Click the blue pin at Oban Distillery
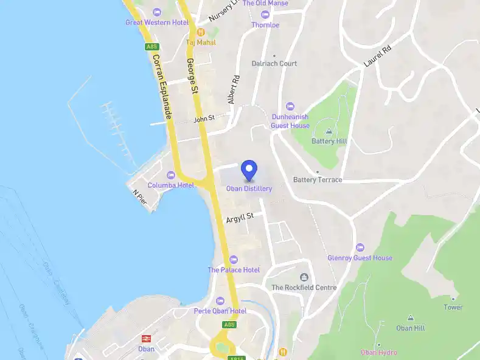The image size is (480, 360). click(x=249, y=170)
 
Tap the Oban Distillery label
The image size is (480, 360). click(x=249, y=189)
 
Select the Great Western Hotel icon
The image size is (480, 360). click(x=157, y=12)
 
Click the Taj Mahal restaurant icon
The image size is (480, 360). click(x=200, y=32)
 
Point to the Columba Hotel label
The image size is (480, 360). click(x=170, y=185)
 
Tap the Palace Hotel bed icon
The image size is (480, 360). click(x=234, y=260)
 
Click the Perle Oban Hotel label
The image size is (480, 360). click(x=220, y=311)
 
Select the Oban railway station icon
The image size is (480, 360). click(x=146, y=339)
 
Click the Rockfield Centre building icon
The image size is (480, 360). click(x=304, y=277)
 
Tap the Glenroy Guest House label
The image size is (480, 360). click(x=360, y=258)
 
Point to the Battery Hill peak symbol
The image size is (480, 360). click(x=329, y=131)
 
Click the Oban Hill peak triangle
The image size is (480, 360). click(x=410, y=318)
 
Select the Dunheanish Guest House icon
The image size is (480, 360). click(x=290, y=106)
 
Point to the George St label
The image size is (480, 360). click(x=193, y=76)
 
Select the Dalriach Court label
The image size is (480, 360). click(x=274, y=63)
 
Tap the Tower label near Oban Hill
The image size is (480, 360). click(x=453, y=307)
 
